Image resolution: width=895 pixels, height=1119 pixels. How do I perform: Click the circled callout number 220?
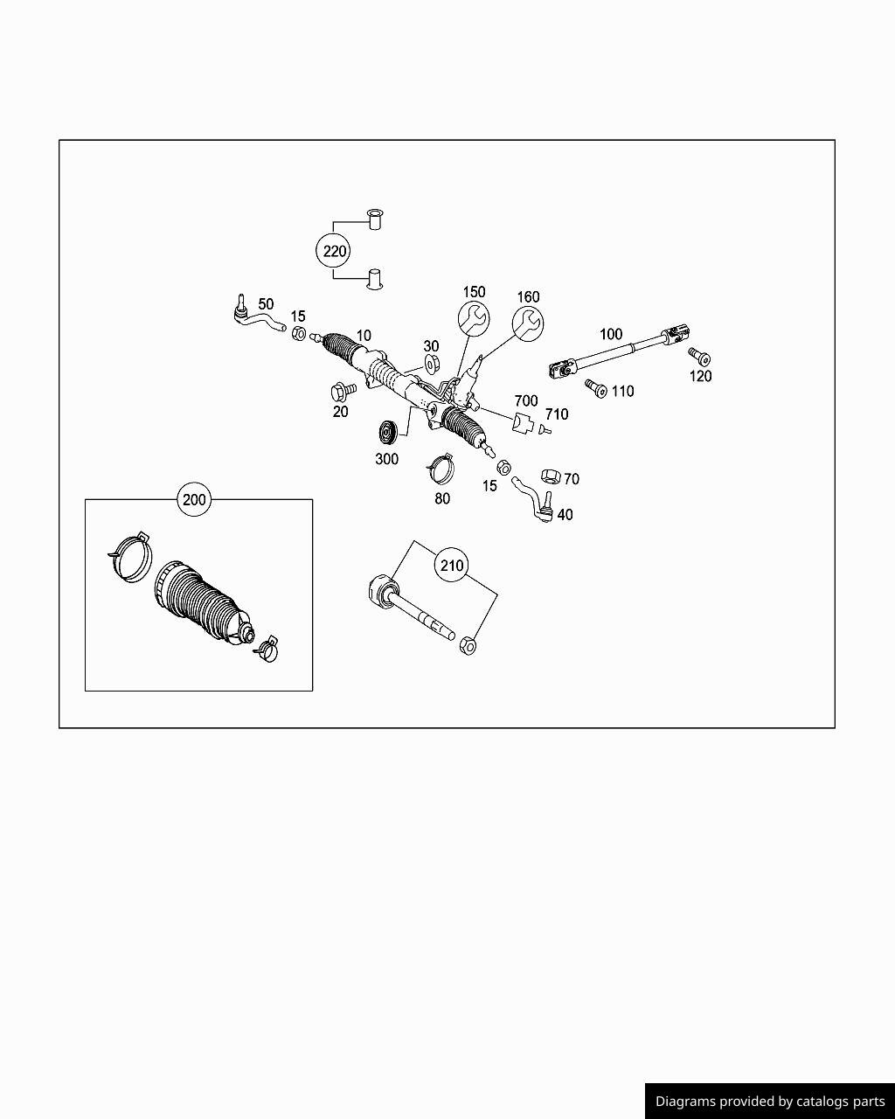[332, 252]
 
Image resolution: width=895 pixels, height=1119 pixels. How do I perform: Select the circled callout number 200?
[194, 500]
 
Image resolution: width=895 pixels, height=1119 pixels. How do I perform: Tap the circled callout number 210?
[452, 566]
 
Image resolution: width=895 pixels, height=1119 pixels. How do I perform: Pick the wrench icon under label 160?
[528, 323]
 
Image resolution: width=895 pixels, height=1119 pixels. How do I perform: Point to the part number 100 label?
[611, 334]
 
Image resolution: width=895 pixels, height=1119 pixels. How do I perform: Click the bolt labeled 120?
[699, 357]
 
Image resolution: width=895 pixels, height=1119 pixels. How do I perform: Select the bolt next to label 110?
[595, 387]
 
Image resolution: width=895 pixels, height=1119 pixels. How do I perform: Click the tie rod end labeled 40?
[535, 501]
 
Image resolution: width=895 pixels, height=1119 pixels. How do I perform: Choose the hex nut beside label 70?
[550, 476]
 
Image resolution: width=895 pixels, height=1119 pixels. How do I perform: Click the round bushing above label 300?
[386, 434]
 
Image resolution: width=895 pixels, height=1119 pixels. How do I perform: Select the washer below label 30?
[432, 364]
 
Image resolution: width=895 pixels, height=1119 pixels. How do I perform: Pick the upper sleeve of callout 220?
[375, 218]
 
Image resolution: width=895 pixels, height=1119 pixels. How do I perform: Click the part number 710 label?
[557, 414]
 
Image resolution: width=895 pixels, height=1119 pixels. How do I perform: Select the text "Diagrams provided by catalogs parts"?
[770, 1102]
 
